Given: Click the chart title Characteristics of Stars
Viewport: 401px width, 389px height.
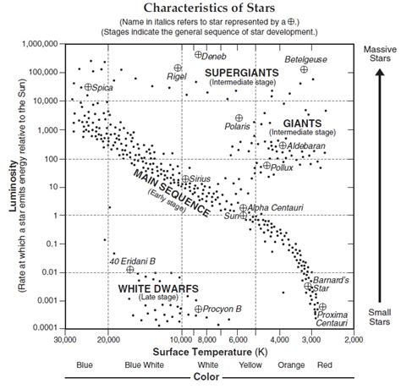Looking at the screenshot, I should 200,8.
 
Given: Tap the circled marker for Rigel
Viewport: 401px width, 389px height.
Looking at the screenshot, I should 178,68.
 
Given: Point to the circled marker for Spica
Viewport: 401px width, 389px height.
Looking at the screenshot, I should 88,87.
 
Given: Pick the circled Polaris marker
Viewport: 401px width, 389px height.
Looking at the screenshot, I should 239,118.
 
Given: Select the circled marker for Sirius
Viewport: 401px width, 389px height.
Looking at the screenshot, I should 185,179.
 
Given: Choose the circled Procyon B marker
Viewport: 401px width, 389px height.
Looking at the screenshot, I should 198,309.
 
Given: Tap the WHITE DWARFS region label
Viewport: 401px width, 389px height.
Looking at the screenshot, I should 158,288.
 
